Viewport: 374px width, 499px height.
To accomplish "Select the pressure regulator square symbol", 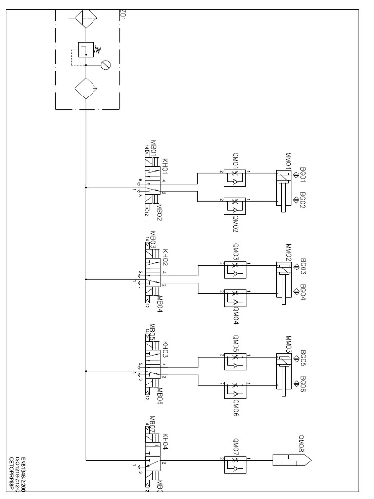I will [x=86, y=50].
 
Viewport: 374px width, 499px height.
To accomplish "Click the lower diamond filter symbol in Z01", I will [x=86, y=89].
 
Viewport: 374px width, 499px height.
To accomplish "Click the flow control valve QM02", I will [x=235, y=206].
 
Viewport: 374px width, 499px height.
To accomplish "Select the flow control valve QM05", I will [x=235, y=361].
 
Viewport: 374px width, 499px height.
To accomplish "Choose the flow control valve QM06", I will [x=235, y=390].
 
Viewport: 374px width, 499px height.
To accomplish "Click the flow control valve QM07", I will [x=235, y=460].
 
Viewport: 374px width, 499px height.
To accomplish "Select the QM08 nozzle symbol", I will [x=292, y=460].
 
